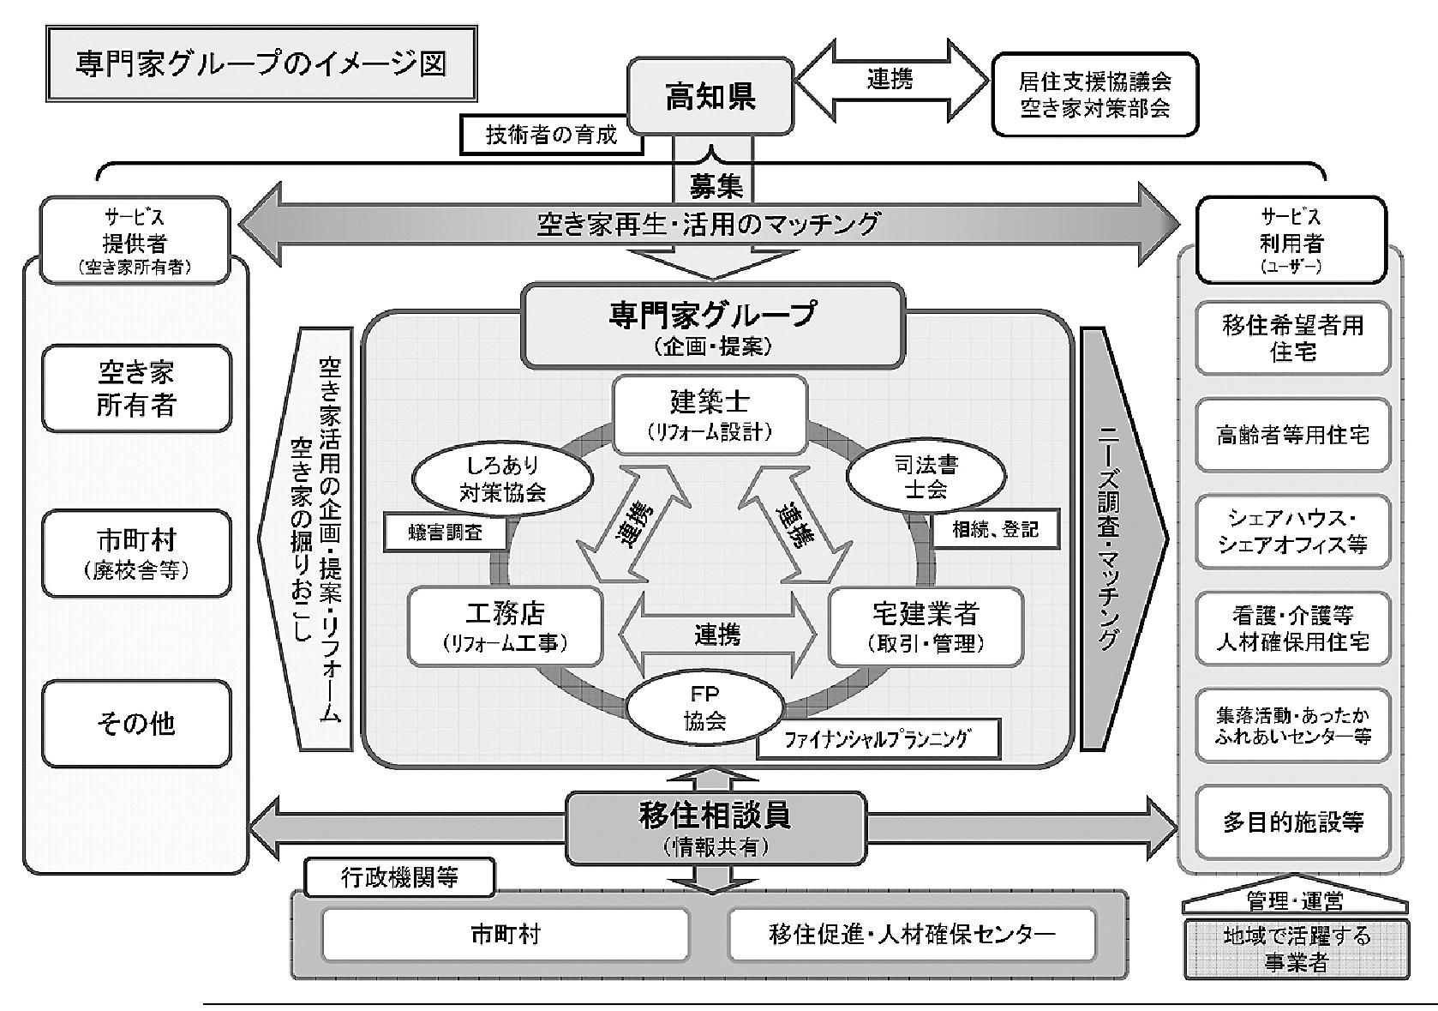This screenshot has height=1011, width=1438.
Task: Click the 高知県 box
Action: (x=710, y=96)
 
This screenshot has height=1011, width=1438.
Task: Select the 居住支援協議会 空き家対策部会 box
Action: (x=1095, y=94)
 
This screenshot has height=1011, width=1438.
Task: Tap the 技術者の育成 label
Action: (x=551, y=135)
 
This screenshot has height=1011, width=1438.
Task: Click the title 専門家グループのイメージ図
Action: (x=261, y=63)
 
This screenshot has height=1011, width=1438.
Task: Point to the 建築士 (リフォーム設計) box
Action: (x=710, y=415)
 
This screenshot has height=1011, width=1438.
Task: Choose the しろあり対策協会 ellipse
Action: (x=502, y=479)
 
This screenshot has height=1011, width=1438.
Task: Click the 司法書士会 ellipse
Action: (x=926, y=477)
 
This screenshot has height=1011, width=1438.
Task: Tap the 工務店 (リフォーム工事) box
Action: (x=506, y=626)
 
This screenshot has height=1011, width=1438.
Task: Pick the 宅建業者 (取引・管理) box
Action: (x=926, y=626)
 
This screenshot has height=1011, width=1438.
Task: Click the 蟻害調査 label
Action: (x=445, y=533)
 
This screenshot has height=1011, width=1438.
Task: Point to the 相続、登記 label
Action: (x=996, y=529)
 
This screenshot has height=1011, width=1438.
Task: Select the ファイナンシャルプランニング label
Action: (x=878, y=739)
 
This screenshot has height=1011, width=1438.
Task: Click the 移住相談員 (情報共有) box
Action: (x=716, y=828)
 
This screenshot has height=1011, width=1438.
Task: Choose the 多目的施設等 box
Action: (x=1293, y=822)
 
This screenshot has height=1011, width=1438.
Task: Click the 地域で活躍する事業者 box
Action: (x=1297, y=949)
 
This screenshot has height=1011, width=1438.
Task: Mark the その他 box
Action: (x=136, y=723)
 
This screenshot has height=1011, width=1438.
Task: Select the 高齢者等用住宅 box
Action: (x=1293, y=435)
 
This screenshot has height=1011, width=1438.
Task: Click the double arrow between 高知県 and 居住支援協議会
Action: (x=892, y=81)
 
